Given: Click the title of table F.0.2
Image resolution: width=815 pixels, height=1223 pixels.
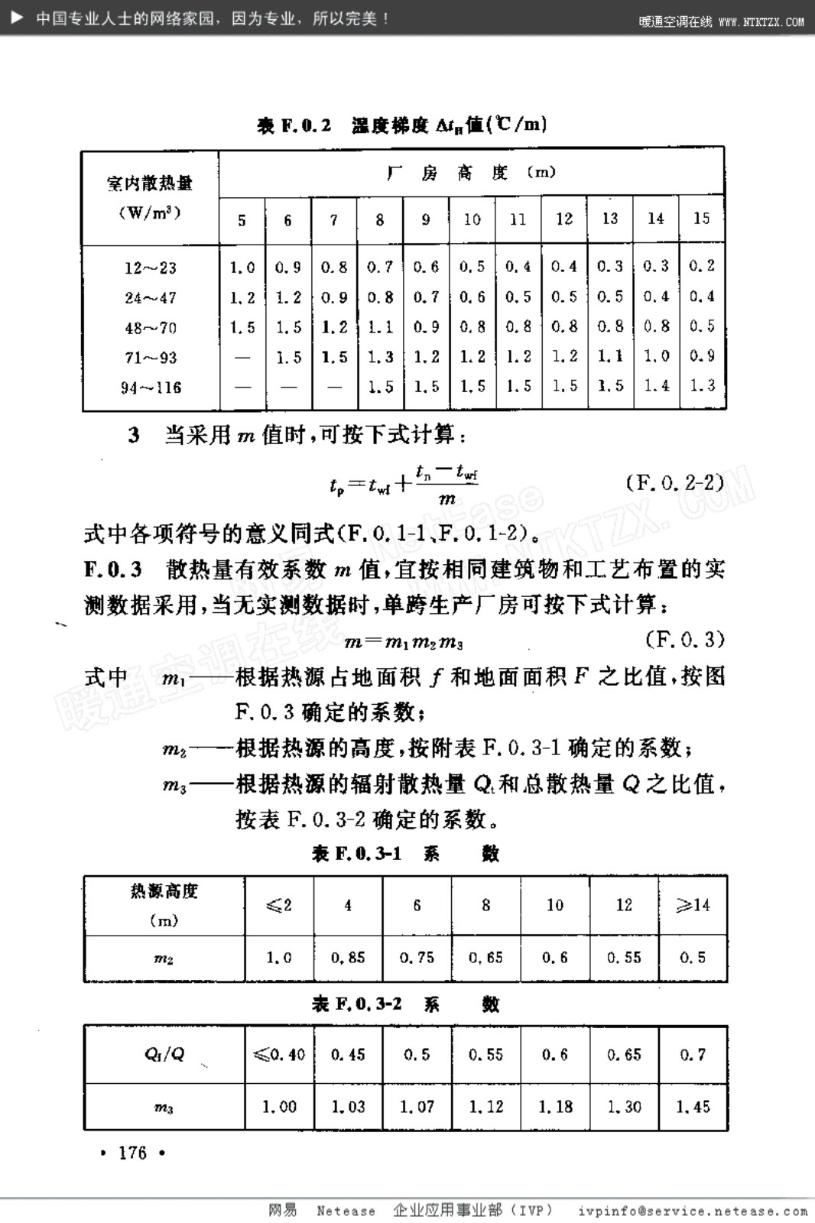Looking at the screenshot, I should click(x=402, y=125).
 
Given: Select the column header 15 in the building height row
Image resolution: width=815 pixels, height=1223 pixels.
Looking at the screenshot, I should click(x=701, y=219).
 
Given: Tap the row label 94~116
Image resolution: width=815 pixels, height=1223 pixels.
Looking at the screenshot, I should click(x=151, y=388).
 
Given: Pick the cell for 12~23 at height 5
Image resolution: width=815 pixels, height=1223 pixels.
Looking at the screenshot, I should click(x=242, y=268).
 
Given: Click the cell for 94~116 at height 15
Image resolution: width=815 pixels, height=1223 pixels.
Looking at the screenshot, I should click(x=702, y=386).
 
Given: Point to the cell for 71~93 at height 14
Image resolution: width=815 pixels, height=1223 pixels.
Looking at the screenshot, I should click(x=656, y=356).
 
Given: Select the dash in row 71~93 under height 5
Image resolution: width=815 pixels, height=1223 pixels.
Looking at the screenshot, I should click(x=242, y=357).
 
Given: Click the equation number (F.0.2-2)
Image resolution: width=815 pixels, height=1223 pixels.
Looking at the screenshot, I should click(x=674, y=483).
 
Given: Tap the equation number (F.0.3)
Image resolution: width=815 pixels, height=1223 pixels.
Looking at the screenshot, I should click(x=684, y=639).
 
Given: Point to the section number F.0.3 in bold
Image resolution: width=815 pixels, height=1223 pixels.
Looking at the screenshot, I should click(x=113, y=569).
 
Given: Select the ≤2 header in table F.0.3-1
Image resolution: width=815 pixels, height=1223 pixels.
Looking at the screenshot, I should click(x=279, y=906).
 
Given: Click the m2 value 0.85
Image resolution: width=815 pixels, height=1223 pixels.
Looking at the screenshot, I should click(x=348, y=957).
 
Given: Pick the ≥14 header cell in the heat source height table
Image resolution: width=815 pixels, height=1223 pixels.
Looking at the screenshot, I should click(x=693, y=906).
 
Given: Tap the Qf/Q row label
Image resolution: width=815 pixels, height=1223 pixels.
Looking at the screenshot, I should click(x=164, y=1054).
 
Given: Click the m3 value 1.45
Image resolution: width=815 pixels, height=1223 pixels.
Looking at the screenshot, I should click(x=693, y=1106).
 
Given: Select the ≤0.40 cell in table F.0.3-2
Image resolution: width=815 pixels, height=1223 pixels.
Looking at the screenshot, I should click(x=279, y=1055).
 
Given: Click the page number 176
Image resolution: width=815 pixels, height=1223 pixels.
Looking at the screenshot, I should click(x=132, y=1153).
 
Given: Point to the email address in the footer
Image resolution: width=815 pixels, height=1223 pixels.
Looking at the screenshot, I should click(x=693, y=1211).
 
